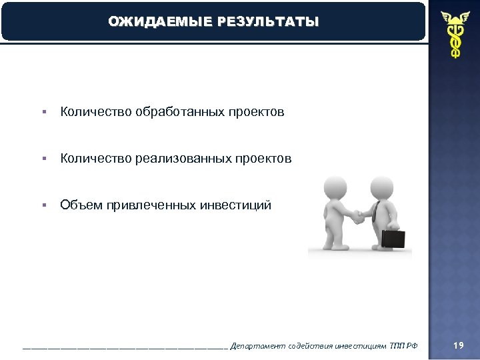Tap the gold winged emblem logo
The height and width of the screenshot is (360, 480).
pos(454,34)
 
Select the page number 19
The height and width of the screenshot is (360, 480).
pos(458,345)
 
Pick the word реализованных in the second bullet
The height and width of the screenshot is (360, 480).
pos(183,159)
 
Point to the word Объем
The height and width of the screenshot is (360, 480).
pos(79,205)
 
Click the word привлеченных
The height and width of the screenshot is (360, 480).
pos(148,205)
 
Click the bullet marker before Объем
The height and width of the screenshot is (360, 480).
pos(43,206)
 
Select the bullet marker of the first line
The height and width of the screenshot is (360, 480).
pos(43,113)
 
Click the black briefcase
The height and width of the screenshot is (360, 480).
pos(392,238)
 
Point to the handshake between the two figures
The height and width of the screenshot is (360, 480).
pos(359,216)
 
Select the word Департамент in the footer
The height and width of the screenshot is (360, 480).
pos(255,345)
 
